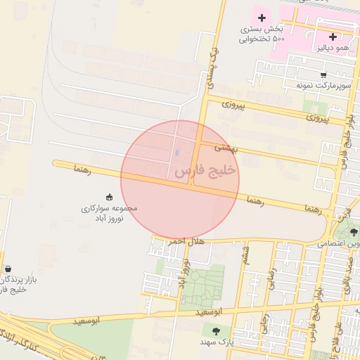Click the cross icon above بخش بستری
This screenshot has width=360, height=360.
click(x=262, y=17)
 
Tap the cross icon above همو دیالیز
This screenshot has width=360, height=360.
click(x=333, y=37)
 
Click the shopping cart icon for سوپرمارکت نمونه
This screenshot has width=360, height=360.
click(x=323, y=75)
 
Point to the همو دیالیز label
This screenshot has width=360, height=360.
click(x=333, y=47)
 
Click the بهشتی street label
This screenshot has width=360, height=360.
click(x=227, y=148)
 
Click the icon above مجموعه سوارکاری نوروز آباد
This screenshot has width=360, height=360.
click(x=109, y=197)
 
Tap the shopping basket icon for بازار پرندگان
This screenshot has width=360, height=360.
click(x=8, y=269)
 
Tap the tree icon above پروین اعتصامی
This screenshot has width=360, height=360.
click(x=354, y=232)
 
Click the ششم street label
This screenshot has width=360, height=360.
click(x=245, y=256)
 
